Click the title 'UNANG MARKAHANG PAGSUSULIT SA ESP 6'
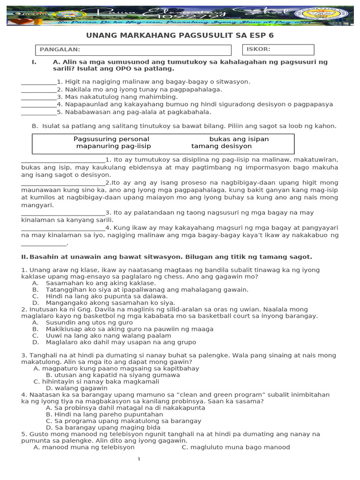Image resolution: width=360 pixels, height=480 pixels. (180, 36)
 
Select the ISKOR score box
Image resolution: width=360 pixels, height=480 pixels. (278, 50)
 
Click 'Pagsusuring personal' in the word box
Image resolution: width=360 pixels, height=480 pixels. (112, 139)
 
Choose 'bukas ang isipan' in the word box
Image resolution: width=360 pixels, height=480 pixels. (239, 139)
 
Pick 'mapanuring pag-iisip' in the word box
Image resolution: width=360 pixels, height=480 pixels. (112, 146)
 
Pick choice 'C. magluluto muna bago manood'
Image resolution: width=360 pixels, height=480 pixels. (236, 447)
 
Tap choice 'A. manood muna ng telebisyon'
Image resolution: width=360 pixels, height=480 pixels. (84, 447)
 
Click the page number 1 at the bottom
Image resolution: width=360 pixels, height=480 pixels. (139, 459)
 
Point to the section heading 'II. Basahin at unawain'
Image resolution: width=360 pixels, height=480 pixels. (166, 257)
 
